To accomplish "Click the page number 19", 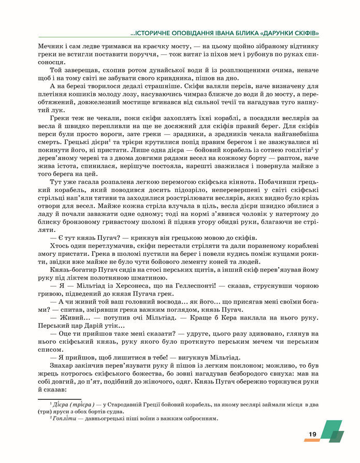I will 312,434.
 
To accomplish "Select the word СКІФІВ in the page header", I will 302,34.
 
